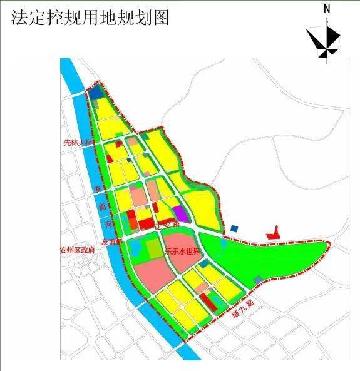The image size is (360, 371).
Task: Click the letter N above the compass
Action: coord(327,9)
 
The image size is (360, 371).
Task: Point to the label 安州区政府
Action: coord(77,250)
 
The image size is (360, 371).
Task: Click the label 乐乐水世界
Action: coord(182,252)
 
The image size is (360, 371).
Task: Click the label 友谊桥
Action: coord(111,241)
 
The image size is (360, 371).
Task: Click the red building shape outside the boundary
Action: coord(273,234)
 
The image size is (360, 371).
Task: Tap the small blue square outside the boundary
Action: coord(235,229)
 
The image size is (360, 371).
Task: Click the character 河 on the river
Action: coord(107,221)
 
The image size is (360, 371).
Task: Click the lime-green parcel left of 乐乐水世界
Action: coord(154,249)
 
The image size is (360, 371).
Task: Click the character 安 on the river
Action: coord(97,189)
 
